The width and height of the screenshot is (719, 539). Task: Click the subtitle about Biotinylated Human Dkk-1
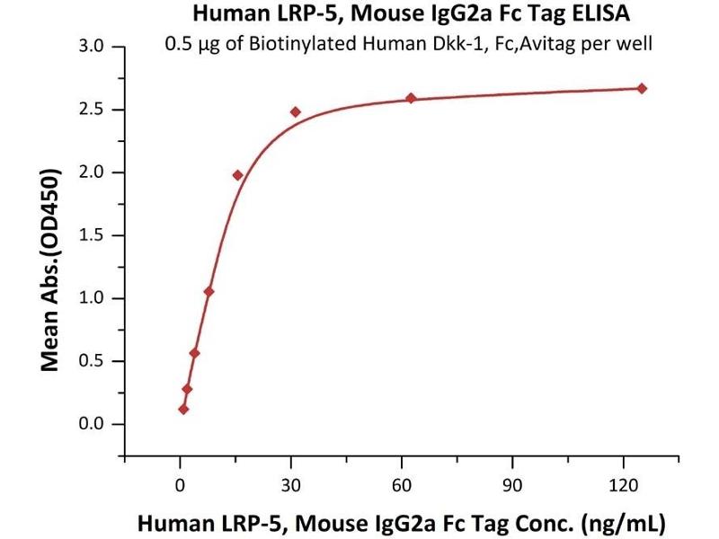409,43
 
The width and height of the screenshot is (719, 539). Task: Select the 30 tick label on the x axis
290,485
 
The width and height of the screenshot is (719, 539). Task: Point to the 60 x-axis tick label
402,485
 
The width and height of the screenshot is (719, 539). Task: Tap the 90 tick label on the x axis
512,485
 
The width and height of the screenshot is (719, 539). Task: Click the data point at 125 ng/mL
642,88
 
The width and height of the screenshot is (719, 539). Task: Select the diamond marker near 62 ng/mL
411,98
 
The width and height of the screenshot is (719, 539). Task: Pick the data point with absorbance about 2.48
295,112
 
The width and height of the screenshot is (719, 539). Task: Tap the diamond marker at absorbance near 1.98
238,175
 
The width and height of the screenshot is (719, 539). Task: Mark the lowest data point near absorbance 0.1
183,409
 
